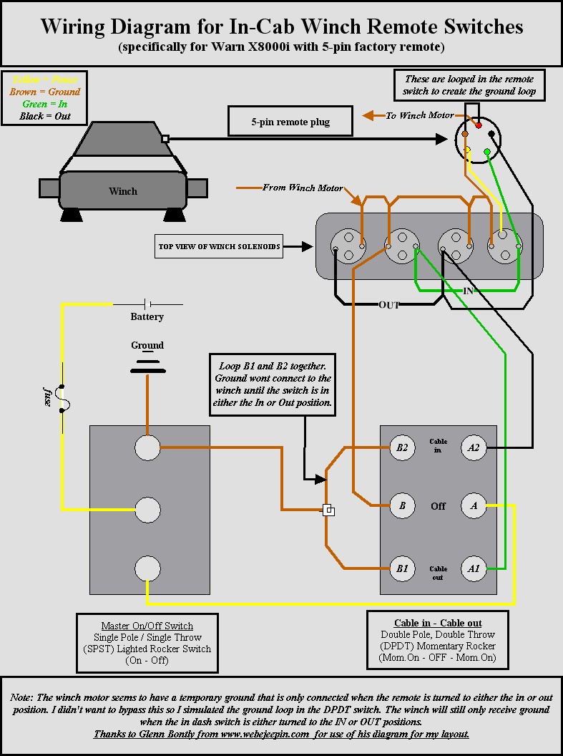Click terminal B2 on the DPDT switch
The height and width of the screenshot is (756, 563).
pos(402,447)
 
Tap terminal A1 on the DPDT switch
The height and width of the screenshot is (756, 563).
pos(474,569)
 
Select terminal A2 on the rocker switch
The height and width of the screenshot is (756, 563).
pos(474,447)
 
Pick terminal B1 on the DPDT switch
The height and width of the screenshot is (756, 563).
pos(402,569)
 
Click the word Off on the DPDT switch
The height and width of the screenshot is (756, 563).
pos(438,505)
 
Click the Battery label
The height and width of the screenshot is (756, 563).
pos(147,316)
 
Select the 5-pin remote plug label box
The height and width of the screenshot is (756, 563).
pos(290,122)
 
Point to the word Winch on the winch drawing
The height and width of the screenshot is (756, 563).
pos(123,191)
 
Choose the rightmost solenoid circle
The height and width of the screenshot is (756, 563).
pos(506,248)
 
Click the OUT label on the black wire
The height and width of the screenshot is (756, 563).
pos(388,305)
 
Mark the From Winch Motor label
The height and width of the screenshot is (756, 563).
pos(303,188)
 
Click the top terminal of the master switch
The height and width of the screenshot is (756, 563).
pos(147,448)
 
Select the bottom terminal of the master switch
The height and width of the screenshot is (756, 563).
pos(147,569)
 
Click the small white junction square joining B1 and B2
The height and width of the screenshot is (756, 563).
pos(328,510)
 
